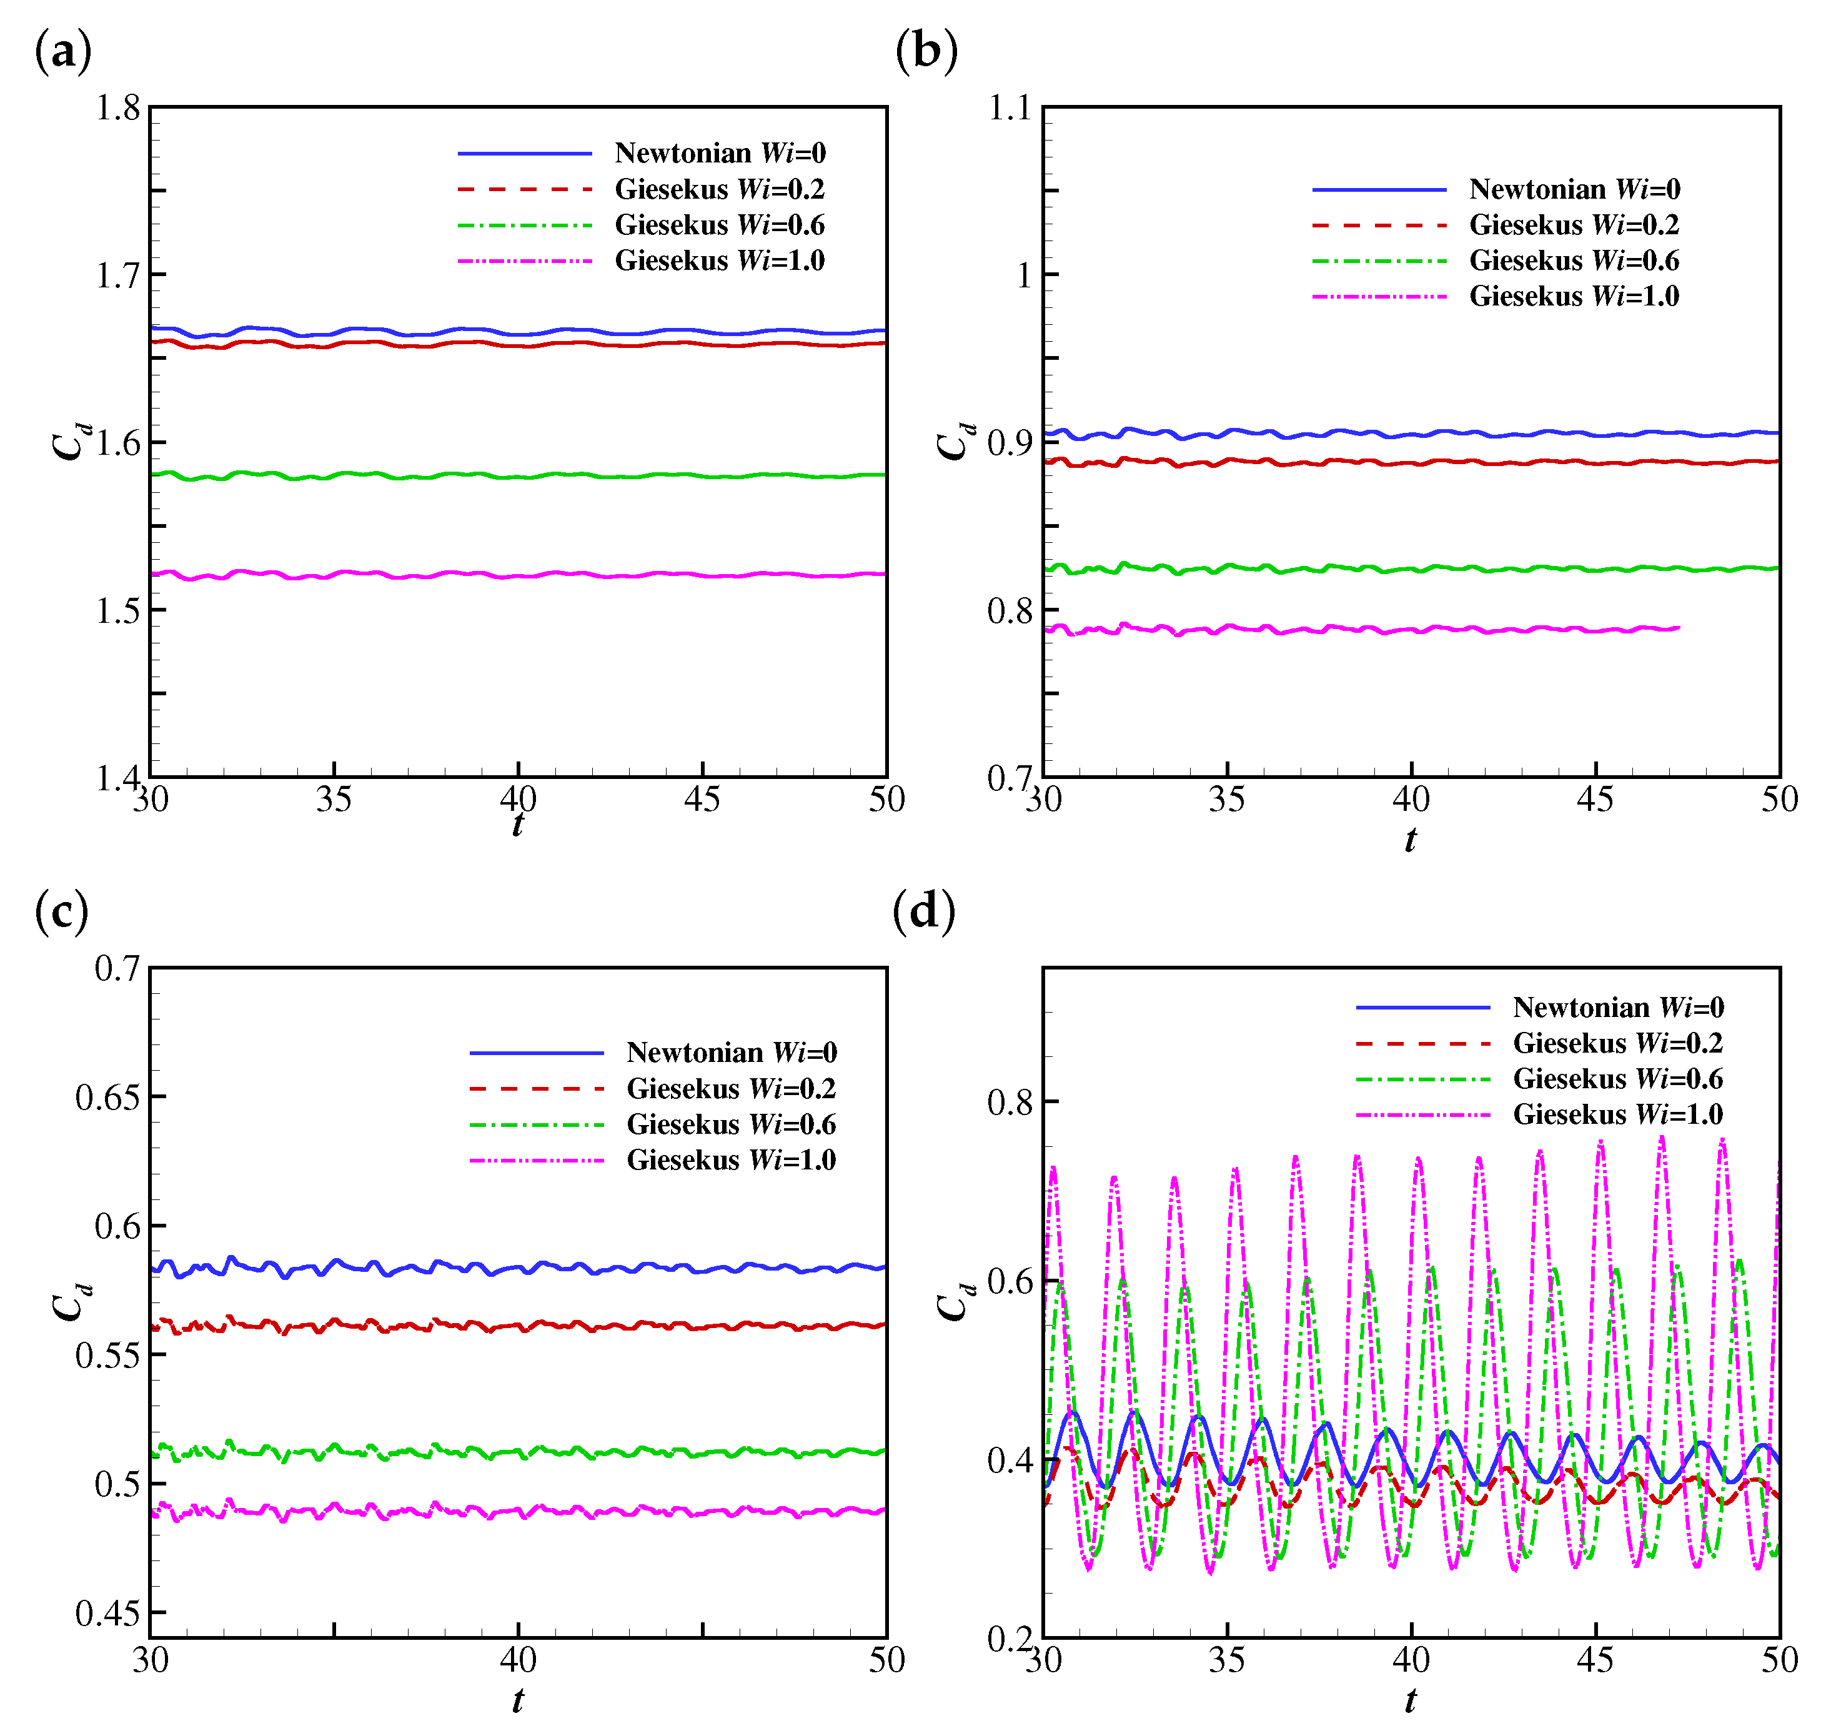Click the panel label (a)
pyautogui.click(x=63, y=51)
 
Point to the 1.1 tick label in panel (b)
pyautogui.click(x=1010, y=108)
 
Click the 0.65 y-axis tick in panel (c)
pyautogui.click(x=107, y=1098)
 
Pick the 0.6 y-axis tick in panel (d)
pyautogui.click(x=1010, y=1281)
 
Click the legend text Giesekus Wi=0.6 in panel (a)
pyautogui.click(x=719, y=225)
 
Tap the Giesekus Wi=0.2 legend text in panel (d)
pyautogui.click(x=1617, y=1043)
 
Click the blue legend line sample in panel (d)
pyautogui.click(x=1422, y=1007)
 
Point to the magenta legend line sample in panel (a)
pyautogui.click(x=525, y=261)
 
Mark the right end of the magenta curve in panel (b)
pyautogui.click(x=1678, y=628)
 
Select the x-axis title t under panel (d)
pyautogui.click(x=1411, y=1699)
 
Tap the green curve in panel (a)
pyautogui.click(x=519, y=477)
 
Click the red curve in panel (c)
pyautogui.click(x=519, y=1326)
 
